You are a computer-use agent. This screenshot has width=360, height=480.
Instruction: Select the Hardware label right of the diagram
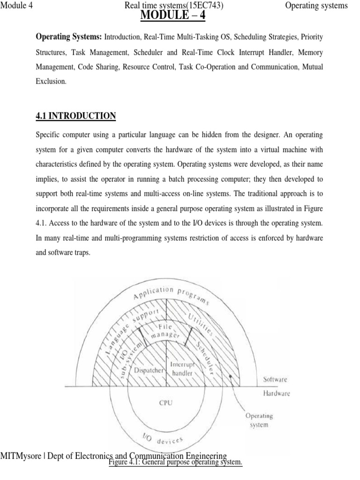277,394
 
